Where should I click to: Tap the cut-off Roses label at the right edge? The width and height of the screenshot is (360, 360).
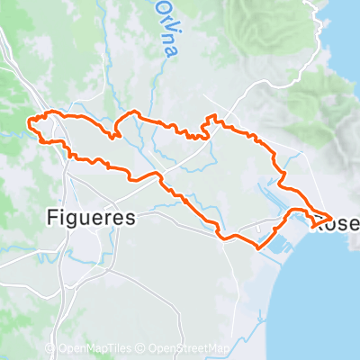[337, 221]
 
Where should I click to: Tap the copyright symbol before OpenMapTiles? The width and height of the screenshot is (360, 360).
[60, 348]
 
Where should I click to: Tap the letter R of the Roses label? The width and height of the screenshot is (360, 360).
[321, 221]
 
